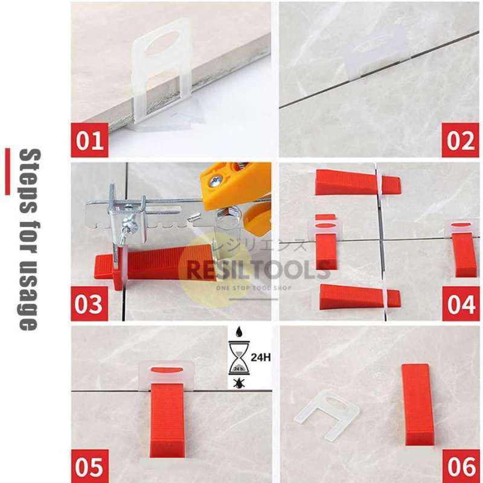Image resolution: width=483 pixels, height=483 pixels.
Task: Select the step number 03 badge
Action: (90, 304)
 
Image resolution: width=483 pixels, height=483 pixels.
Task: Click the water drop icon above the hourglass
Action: (238, 333)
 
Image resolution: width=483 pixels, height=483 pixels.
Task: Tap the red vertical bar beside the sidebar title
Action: (7, 171)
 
